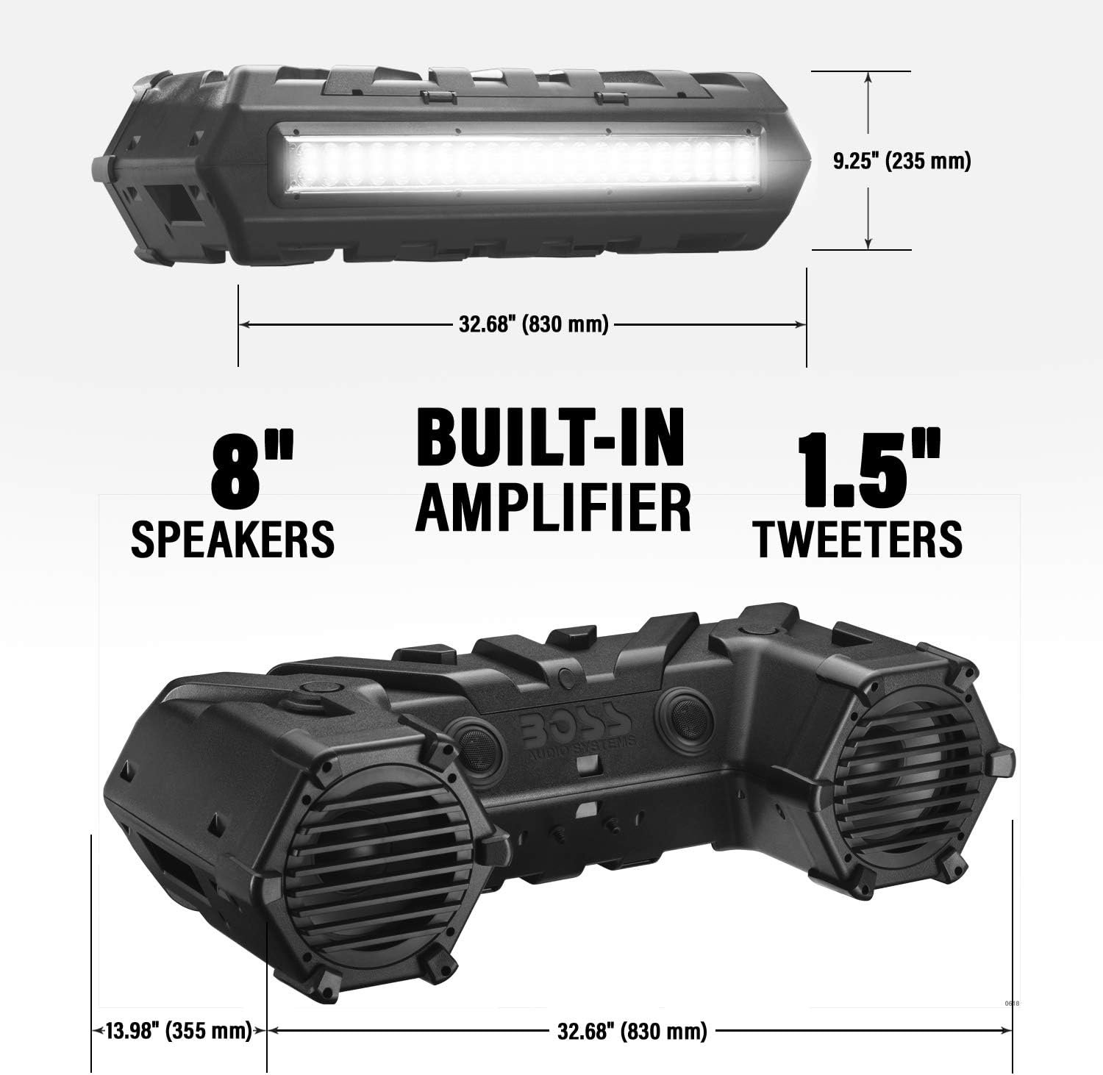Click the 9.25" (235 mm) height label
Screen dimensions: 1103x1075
(x=902, y=160)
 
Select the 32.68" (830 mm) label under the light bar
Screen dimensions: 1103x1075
(x=533, y=324)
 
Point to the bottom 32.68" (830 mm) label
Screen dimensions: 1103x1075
(x=632, y=1031)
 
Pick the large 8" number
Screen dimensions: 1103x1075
(x=251, y=468)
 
